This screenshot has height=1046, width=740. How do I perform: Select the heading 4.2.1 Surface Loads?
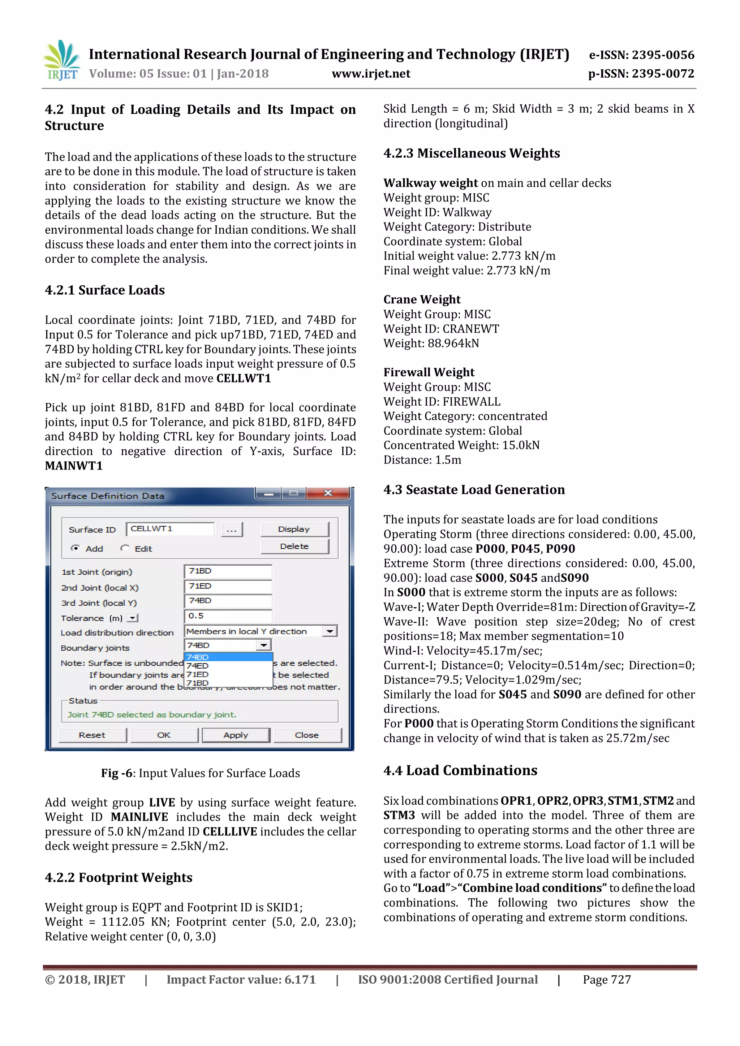[x=105, y=290]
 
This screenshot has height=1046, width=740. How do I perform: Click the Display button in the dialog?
[x=294, y=529]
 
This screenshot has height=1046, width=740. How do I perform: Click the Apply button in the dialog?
[x=236, y=735]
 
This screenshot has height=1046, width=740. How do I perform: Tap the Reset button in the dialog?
[x=92, y=735]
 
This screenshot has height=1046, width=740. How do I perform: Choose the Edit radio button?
[x=125, y=549]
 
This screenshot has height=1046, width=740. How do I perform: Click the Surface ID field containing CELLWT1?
[x=170, y=529]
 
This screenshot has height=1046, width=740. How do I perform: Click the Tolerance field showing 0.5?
[x=227, y=616]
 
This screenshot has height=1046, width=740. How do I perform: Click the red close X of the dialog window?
[x=328, y=493]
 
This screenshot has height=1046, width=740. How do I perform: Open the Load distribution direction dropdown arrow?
[x=330, y=631]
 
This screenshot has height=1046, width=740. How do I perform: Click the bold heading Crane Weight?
[x=422, y=299]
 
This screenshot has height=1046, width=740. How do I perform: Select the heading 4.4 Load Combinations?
[x=460, y=770]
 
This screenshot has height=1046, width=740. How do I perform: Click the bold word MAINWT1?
[x=74, y=466]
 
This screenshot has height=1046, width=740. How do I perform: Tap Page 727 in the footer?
[x=607, y=980]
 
